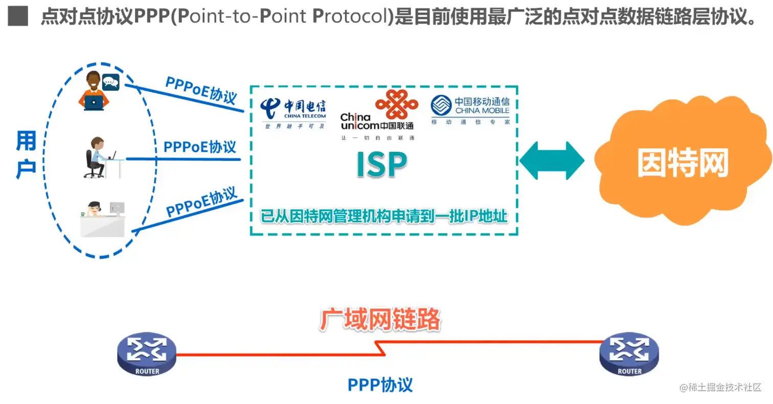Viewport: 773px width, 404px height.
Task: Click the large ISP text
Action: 382,165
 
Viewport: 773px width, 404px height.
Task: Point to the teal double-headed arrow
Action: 552,161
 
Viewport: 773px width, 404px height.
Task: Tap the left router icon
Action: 146,354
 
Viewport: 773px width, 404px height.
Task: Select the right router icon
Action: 629,354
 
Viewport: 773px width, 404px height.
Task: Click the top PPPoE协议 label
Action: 201,90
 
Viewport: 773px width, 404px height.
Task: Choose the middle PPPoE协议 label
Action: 200,147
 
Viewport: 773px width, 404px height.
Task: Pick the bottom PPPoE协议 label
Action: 202,202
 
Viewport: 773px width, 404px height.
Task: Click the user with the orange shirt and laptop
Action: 93,93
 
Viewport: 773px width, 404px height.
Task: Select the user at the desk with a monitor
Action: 102,218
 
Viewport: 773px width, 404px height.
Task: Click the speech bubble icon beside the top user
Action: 110,82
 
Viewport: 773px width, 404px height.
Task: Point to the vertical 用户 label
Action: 26,155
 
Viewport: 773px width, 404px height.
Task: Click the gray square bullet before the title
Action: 17,17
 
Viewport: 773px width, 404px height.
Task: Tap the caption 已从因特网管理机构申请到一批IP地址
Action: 384,216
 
